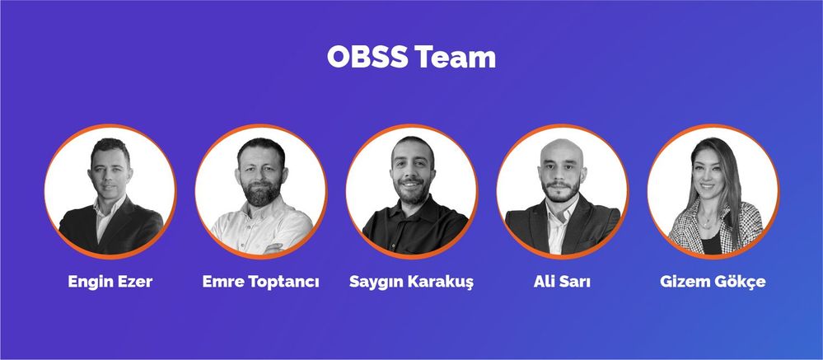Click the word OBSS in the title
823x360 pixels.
[367, 58]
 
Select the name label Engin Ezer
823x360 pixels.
[110, 283]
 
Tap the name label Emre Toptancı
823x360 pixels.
[260, 283]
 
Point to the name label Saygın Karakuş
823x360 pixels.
[411, 283]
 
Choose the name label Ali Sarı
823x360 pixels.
[562, 283]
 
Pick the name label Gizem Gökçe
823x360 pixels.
[713, 283]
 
